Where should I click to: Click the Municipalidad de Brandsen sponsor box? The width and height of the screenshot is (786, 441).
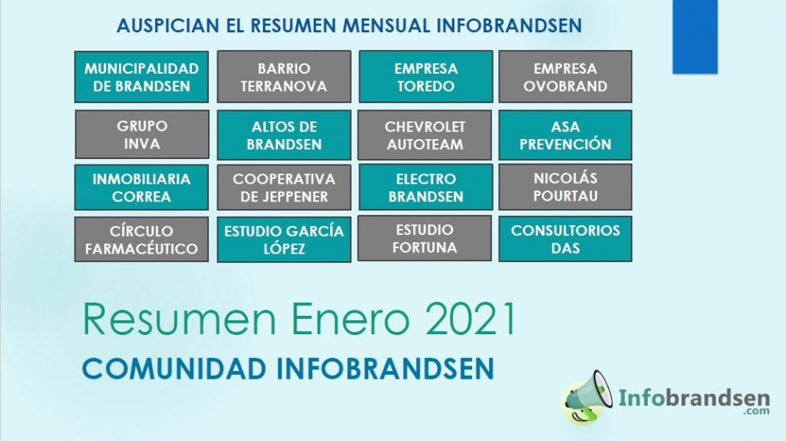pos(141,77)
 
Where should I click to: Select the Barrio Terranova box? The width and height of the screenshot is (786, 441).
pos(284,76)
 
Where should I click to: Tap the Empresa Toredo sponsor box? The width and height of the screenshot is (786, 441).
pos(425,76)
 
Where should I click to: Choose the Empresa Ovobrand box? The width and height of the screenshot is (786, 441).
pos(565,76)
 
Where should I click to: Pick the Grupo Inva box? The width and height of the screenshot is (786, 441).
pos(142,134)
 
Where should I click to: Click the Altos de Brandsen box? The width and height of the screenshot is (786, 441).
pos(284,135)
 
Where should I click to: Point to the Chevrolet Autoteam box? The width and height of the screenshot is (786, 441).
pos(424,135)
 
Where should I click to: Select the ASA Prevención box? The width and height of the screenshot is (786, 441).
pos(565,135)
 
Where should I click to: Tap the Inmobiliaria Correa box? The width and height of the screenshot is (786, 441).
pos(141,187)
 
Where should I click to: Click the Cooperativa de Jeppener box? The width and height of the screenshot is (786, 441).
pos(284,187)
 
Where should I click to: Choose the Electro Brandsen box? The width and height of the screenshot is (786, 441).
pos(425,187)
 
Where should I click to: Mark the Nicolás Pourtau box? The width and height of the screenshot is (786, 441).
pos(565,187)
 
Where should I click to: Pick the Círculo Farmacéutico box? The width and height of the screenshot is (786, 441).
pos(141,239)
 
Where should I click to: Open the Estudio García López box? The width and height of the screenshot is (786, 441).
pos(284,239)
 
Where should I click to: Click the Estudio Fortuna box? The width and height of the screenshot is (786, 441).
pos(424,238)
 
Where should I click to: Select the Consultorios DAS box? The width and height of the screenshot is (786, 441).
pos(565,239)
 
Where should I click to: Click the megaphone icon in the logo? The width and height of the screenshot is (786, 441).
pos(587,397)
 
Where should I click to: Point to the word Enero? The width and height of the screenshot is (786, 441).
pos(350,319)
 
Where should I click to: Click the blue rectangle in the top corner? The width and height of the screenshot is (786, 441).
pos(695,37)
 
